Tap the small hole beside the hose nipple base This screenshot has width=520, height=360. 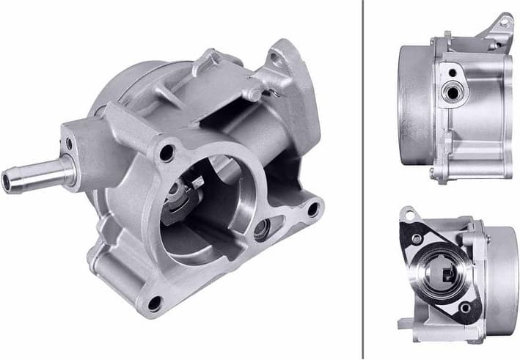click(69, 144)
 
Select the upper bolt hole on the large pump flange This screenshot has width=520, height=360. click(166, 153)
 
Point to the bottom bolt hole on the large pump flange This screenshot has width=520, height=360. click(154, 301)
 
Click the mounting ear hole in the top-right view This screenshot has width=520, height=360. click(503, 23)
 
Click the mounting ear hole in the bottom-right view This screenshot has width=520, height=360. click(408, 215)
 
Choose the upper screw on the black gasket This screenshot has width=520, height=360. click(417, 239)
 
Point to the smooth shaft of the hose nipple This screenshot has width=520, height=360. click(44, 174)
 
